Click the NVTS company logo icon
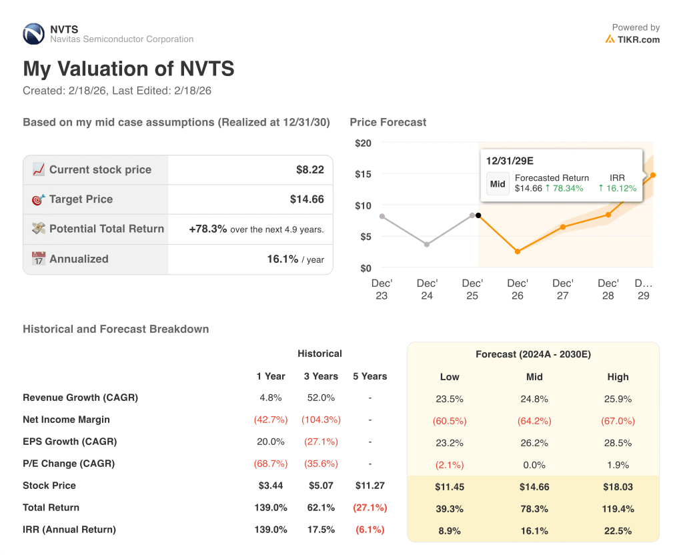point(33,34)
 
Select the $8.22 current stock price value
point(309,170)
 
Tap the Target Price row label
point(81,199)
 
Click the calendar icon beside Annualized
point(39,259)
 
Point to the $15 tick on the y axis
point(363,174)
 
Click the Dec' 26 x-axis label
point(517,290)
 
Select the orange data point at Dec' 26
point(518,251)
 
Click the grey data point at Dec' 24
point(427,244)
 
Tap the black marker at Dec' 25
point(478,215)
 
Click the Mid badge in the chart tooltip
point(498,183)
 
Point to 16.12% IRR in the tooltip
point(617,188)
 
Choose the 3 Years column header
point(321,376)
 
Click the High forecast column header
point(618,377)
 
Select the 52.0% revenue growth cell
point(321,398)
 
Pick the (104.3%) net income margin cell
point(321,420)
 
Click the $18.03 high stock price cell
point(618,487)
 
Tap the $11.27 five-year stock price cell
point(370,486)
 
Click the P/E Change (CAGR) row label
point(69,464)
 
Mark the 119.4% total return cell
point(618,509)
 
